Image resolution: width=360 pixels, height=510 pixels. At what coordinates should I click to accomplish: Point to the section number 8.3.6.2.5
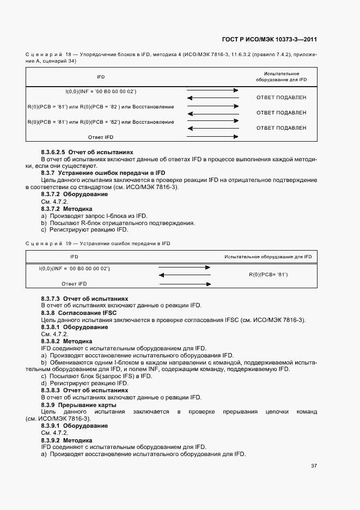pos(53,152)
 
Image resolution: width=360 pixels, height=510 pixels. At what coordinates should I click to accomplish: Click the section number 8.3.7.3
pos(50,299)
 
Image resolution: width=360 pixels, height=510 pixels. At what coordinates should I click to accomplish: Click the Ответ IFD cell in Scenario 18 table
pos(100,137)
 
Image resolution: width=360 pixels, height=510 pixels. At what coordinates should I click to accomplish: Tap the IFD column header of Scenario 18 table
pos(101,77)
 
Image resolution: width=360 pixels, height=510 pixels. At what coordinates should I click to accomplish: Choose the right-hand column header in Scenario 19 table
pos(268,256)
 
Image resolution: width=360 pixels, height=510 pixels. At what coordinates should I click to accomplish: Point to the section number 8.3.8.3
pos(50,391)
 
